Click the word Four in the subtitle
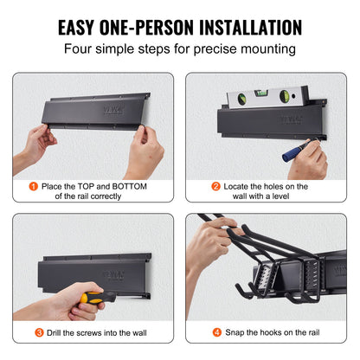coord(82,50)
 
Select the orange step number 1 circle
coord(34,186)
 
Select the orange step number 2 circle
coord(215,186)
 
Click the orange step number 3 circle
coord(39,331)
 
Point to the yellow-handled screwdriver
coord(98,297)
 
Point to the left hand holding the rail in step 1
coord(36,143)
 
